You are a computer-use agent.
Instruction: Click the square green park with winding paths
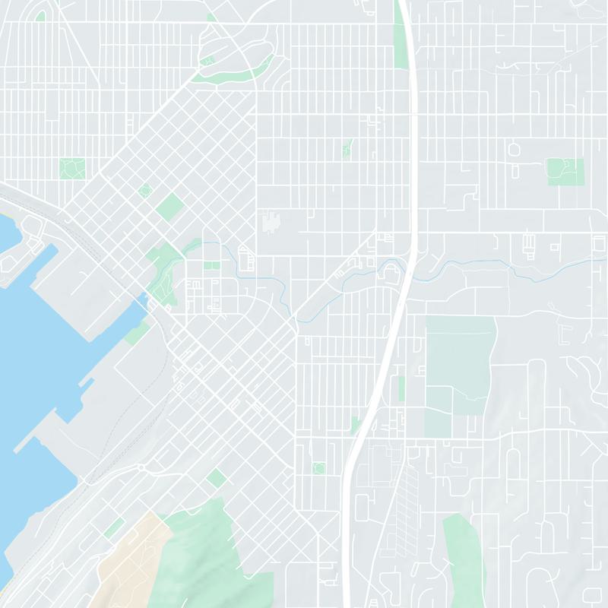[72, 169]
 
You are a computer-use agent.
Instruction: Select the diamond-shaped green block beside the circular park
[169, 206]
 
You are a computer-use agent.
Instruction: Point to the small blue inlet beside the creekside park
[141, 309]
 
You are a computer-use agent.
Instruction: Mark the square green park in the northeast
[565, 172]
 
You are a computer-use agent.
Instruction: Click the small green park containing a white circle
[318, 468]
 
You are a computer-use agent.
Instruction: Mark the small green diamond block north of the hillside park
[217, 477]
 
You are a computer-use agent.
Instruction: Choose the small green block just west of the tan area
[114, 527]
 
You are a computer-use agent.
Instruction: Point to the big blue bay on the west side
[38, 342]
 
